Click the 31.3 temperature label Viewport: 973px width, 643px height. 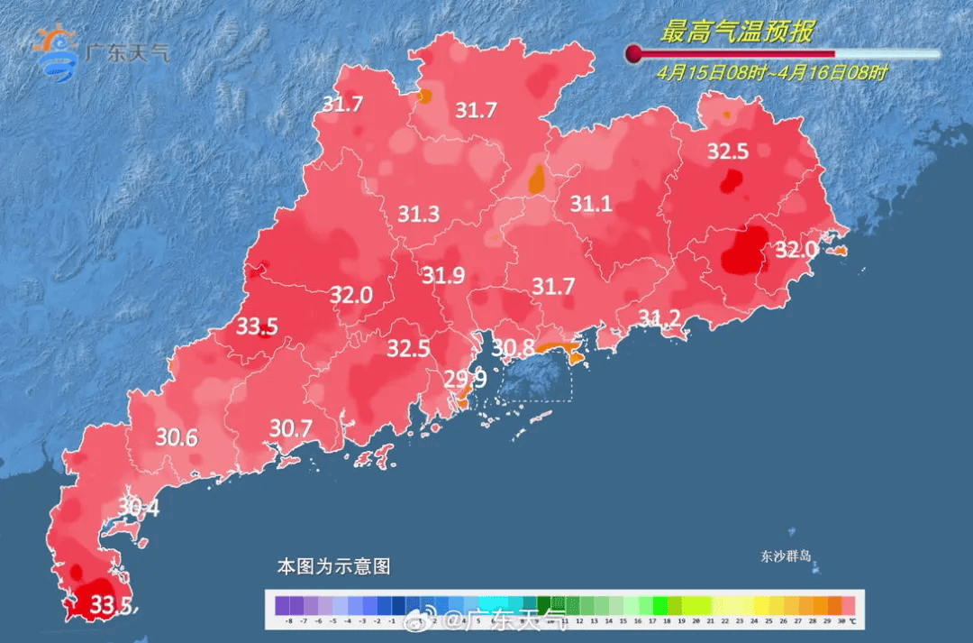tap(418, 215)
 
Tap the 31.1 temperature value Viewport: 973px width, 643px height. tap(591, 205)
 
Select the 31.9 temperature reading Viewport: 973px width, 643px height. tap(443, 276)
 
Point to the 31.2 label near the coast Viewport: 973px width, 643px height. tap(659, 317)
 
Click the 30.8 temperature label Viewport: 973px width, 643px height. tap(513, 347)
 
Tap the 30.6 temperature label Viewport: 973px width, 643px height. tap(177, 438)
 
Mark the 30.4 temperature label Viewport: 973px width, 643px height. tap(138, 509)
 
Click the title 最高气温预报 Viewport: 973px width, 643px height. tap(736, 33)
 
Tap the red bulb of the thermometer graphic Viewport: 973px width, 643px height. tap(633, 54)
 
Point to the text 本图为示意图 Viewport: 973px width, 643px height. tap(333, 567)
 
